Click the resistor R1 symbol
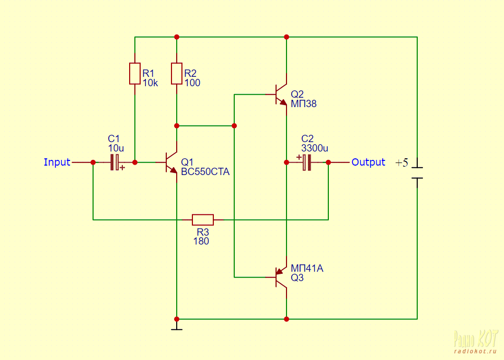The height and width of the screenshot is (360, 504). tap(135, 74)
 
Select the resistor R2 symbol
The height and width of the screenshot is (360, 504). tap(177, 74)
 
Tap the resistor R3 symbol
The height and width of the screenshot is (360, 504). tap(203, 220)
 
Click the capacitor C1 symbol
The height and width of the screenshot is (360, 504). tap(116, 162)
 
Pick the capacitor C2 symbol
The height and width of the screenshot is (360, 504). tap(306, 162)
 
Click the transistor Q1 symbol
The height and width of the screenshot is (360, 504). tap(171, 162)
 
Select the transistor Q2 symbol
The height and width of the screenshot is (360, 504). tap(281, 95)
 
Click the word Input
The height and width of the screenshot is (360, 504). tap(57, 162)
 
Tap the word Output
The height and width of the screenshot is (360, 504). tap(368, 162)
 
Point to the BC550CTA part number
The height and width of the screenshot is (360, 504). tap(205, 171)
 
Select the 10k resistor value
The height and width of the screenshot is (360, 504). tap(150, 83)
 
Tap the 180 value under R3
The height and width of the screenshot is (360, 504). tap(201, 241)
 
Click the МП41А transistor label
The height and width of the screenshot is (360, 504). tap(307, 269)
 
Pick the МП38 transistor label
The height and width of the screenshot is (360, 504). tap(303, 104)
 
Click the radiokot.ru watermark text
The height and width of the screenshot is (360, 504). tap(474, 351)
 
